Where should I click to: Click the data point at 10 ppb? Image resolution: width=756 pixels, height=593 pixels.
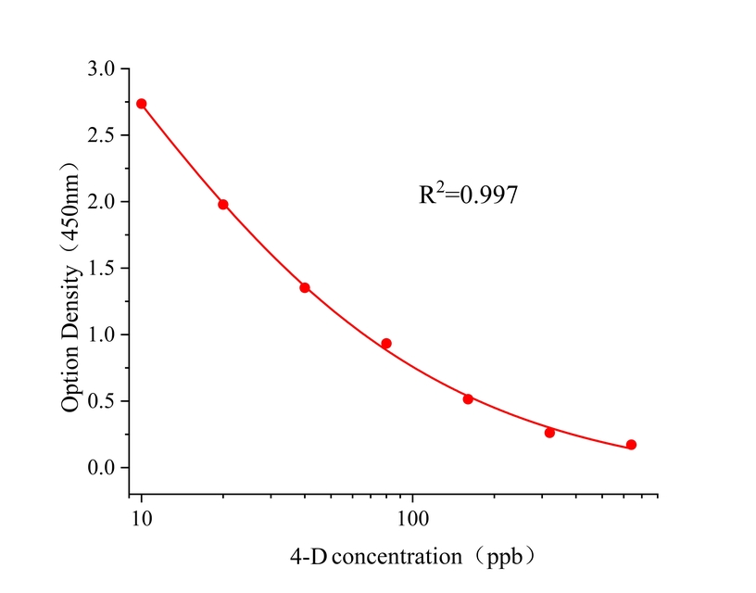click(x=142, y=104)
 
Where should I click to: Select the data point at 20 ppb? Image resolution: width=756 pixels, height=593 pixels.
click(x=223, y=204)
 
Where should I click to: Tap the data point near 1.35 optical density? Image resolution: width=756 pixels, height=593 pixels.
click(x=305, y=287)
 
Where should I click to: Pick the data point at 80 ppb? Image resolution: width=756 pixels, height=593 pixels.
click(x=386, y=344)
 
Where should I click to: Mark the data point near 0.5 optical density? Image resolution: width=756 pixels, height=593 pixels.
click(x=468, y=398)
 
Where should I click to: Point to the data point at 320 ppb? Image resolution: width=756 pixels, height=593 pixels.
click(x=549, y=433)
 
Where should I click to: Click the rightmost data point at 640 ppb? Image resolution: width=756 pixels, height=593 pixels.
click(x=631, y=445)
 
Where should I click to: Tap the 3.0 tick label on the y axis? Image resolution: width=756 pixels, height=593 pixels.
click(x=103, y=69)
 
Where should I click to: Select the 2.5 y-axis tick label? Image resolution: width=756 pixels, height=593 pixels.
click(x=103, y=135)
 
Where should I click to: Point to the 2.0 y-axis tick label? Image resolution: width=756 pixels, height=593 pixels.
click(x=103, y=202)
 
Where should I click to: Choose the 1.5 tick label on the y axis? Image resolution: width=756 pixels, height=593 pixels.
click(x=103, y=269)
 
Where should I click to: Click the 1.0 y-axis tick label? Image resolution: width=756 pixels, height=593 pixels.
click(x=103, y=334)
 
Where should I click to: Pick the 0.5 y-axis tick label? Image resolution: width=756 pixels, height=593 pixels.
click(x=103, y=401)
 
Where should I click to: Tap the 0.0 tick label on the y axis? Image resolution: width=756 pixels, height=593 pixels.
click(x=103, y=468)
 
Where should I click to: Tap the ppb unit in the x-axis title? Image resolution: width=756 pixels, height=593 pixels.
click(x=510, y=558)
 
